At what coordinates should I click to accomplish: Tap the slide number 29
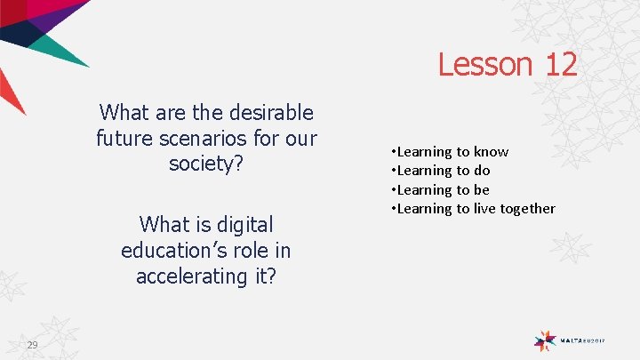[32, 345]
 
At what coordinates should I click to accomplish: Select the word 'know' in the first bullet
[491, 152]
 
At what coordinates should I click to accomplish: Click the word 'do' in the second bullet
[482, 171]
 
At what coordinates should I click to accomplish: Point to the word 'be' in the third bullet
[482, 189]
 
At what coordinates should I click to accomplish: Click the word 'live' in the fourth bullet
[484, 209]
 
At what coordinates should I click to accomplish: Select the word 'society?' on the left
[206, 165]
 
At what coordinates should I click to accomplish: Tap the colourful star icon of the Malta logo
[545, 340]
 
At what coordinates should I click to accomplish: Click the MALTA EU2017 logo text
[583, 340]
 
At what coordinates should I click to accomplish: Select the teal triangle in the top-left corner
[62, 50]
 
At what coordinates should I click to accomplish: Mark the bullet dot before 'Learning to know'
[393, 152]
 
